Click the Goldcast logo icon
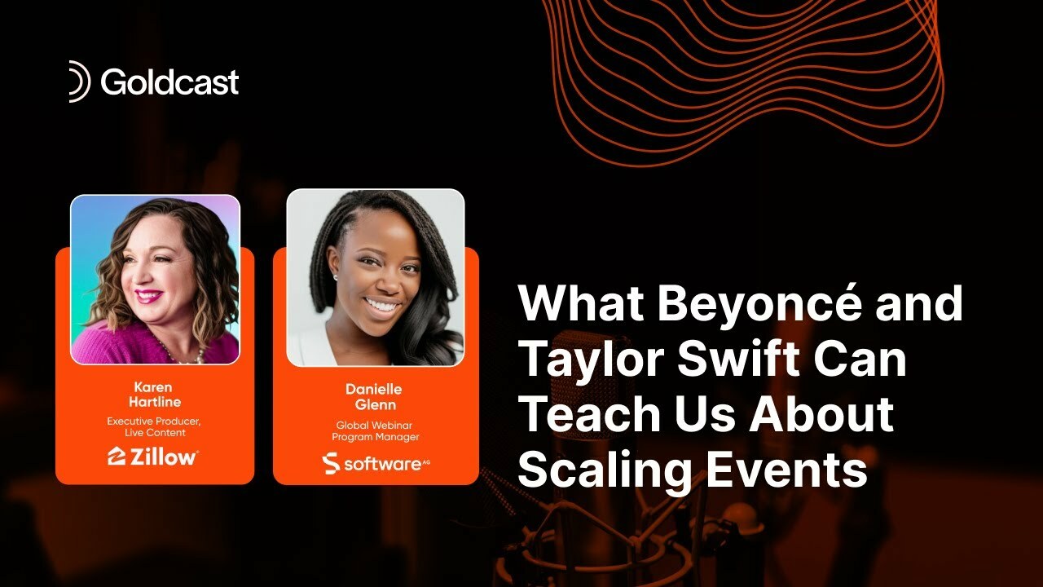click(x=79, y=82)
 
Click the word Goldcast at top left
click(x=169, y=82)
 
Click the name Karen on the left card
click(x=155, y=388)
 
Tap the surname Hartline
click(x=155, y=402)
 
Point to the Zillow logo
click(x=153, y=457)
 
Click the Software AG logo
click(x=375, y=463)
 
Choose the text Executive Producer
click(x=154, y=421)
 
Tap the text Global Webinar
click(x=375, y=425)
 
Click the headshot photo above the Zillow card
click(x=155, y=279)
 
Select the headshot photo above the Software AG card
click(x=375, y=277)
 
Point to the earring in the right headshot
click(x=335, y=277)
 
